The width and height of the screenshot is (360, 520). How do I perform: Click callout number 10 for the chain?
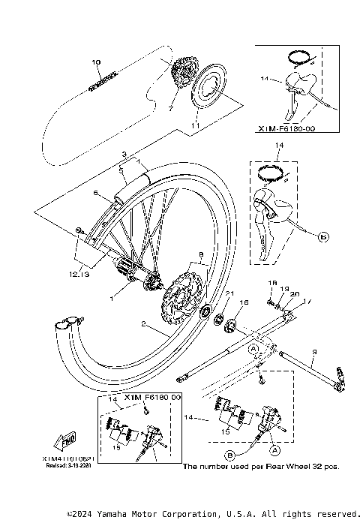95,63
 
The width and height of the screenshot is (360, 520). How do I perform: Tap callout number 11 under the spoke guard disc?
196,128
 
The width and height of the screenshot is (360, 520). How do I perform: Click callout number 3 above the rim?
124,153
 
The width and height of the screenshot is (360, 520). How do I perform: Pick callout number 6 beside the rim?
96,193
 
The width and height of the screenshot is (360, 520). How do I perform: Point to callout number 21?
231,293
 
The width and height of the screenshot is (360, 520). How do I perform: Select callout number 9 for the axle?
314,351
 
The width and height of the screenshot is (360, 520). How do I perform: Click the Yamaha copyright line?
211,513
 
